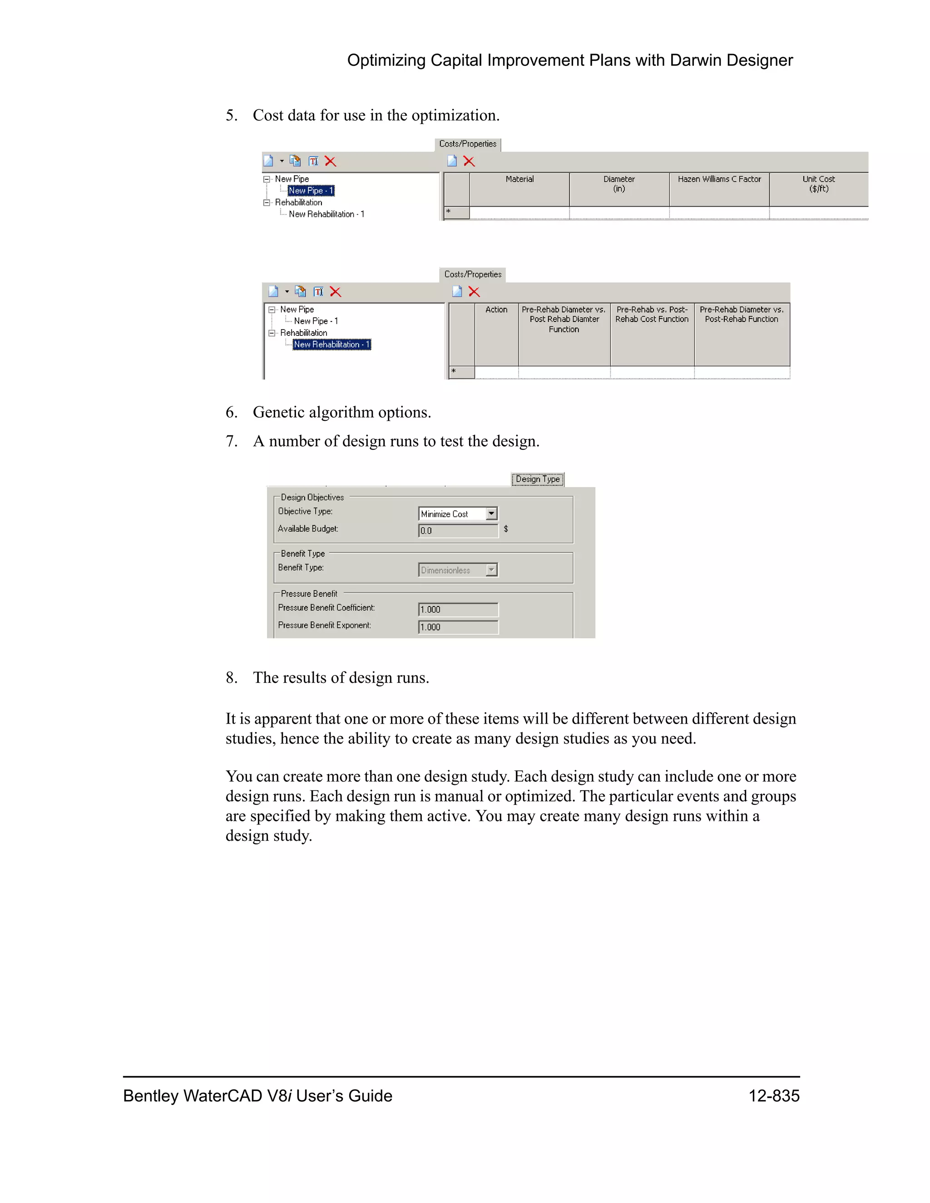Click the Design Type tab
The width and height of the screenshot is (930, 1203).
(537, 479)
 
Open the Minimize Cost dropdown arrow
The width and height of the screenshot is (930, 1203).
(491, 513)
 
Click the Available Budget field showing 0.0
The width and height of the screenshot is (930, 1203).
(458, 530)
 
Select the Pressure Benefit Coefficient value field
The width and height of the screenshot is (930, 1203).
(458, 609)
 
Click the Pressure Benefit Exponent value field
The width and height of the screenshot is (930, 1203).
(458, 627)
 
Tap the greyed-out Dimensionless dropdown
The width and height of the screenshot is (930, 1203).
(458, 570)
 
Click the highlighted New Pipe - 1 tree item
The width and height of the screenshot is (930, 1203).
(311, 191)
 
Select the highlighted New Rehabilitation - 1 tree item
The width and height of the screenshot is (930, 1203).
(331, 344)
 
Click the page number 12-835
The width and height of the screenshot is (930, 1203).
(773, 1095)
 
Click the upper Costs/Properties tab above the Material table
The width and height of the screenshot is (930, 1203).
(468, 144)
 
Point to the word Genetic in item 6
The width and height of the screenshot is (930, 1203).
(279, 412)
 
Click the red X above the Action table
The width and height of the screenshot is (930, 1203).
(474, 292)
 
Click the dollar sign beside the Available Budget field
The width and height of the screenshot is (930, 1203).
(506, 529)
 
